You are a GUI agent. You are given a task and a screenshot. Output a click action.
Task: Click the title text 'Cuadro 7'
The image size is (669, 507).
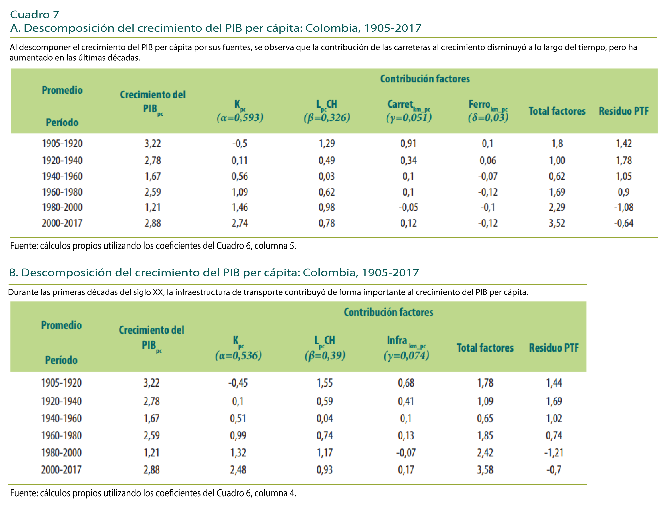click(x=34, y=14)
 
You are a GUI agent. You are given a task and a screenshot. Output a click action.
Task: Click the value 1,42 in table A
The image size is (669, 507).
click(x=624, y=143)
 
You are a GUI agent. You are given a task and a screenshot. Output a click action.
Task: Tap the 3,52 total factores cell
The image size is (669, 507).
click(x=557, y=223)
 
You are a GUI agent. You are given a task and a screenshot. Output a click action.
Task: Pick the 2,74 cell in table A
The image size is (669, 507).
click(x=239, y=223)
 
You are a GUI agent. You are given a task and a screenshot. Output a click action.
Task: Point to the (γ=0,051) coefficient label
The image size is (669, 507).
click(x=409, y=117)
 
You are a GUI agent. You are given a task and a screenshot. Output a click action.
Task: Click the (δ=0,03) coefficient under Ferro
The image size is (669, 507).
click(x=488, y=117)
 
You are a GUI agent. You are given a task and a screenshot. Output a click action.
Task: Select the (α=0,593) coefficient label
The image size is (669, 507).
click(x=240, y=117)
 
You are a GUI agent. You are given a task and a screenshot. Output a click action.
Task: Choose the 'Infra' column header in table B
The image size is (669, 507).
click(x=397, y=340)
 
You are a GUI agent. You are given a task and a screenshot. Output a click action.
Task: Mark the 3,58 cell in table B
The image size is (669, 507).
click(x=485, y=470)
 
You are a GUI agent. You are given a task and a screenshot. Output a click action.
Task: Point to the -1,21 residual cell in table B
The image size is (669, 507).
click(x=554, y=453)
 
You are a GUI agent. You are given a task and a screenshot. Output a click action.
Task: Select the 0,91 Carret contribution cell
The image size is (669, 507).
click(x=408, y=143)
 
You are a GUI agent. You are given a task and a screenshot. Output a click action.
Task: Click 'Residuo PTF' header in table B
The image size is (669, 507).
click(x=554, y=348)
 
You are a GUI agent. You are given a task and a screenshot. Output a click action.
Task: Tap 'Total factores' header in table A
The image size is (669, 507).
click(x=557, y=111)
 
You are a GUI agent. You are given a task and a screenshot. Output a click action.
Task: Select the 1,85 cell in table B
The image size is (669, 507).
click(x=485, y=436)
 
